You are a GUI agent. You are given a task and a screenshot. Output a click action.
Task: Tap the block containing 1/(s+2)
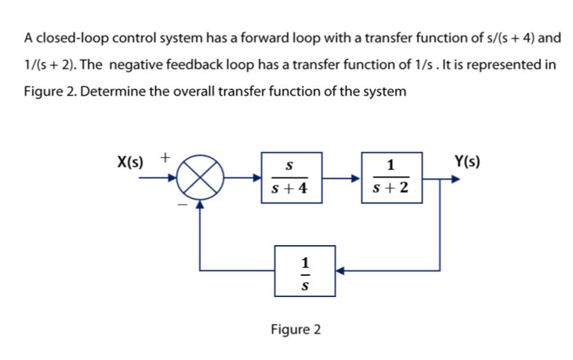point(391,177)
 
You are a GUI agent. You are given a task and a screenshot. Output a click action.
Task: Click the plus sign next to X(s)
point(166,158)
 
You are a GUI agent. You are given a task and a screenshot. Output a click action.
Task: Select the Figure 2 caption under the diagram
point(295,329)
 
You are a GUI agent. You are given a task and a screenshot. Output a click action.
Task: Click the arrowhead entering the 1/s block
point(339,271)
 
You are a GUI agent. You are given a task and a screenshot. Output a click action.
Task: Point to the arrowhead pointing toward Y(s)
point(455,179)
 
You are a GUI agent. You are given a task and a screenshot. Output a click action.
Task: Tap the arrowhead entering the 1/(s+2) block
point(357,178)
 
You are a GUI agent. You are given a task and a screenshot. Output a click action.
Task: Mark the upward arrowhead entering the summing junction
point(200,206)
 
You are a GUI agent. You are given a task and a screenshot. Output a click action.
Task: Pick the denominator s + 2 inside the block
point(391,189)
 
